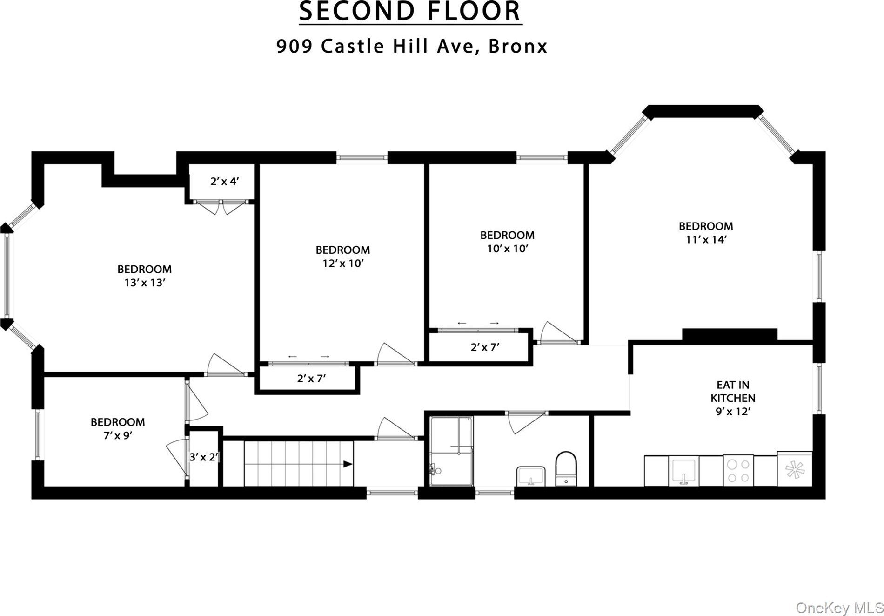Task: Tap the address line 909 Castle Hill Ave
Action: [x=411, y=46]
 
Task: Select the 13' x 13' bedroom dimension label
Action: [x=145, y=283]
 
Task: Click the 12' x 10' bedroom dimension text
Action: [x=343, y=264]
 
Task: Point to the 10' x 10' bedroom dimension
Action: [x=508, y=249]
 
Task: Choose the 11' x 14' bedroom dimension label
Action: [x=706, y=240]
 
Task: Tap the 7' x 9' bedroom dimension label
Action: [x=118, y=436]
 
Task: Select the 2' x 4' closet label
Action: [x=225, y=182]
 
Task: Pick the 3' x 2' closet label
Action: [x=204, y=457]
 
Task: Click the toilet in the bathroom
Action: [x=566, y=468]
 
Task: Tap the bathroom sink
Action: [x=531, y=476]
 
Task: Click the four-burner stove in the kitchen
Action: [x=738, y=470]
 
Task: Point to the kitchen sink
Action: [x=684, y=471]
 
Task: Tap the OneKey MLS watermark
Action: [x=839, y=608]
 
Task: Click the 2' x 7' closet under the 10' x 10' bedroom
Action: [x=485, y=347]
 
